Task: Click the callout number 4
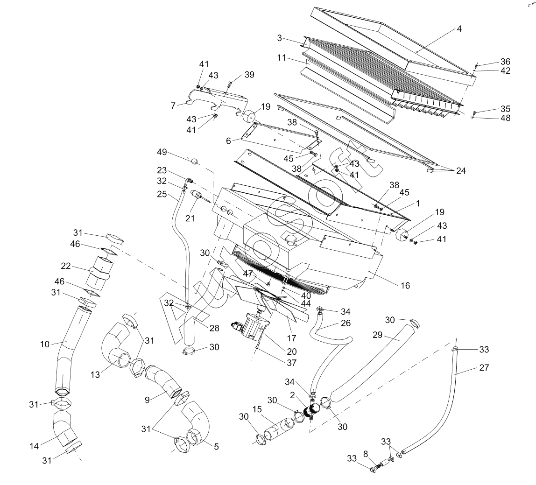pyautogui.click(x=459, y=29)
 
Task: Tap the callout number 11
pyautogui.click(x=282, y=58)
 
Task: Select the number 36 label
pyautogui.click(x=505, y=62)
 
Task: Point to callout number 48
pyautogui.click(x=505, y=118)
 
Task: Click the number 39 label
pyautogui.click(x=249, y=75)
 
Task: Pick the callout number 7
pyautogui.click(x=173, y=106)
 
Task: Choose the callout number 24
pyautogui.click(x=461, y=170)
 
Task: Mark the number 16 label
pyautogui.click(x=405, y=285)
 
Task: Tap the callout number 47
pyautogui.click(x=247, y=274)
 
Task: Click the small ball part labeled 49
pyautogui.click(x=194, y=161)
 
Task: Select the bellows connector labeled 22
pyautogui.click(x=99, y=272)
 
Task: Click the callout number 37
pyautogui.click(x=291, y=363)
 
